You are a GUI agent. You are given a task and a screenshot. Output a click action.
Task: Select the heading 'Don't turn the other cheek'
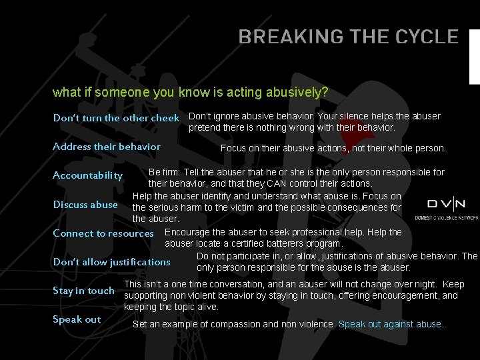click(116, 118)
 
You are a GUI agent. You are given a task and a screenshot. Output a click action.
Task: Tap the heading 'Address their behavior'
click(107, 147)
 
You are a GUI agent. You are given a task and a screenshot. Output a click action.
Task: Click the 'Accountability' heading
click(88, 176)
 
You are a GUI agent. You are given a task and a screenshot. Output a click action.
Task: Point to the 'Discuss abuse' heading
click(85, 205)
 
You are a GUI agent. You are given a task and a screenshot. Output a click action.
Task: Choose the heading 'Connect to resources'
click(103, 233)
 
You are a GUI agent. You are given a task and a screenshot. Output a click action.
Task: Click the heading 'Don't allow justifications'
click(112, 262)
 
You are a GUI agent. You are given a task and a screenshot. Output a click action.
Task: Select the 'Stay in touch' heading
click(83, 291)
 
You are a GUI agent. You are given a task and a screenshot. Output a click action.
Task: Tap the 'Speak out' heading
click(77, 319)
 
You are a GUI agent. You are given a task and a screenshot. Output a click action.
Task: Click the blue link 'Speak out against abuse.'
click(391, 324)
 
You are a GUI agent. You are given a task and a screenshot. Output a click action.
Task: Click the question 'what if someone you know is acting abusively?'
click(191, 91)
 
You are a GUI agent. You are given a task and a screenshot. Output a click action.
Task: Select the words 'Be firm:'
click(164, 172)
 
